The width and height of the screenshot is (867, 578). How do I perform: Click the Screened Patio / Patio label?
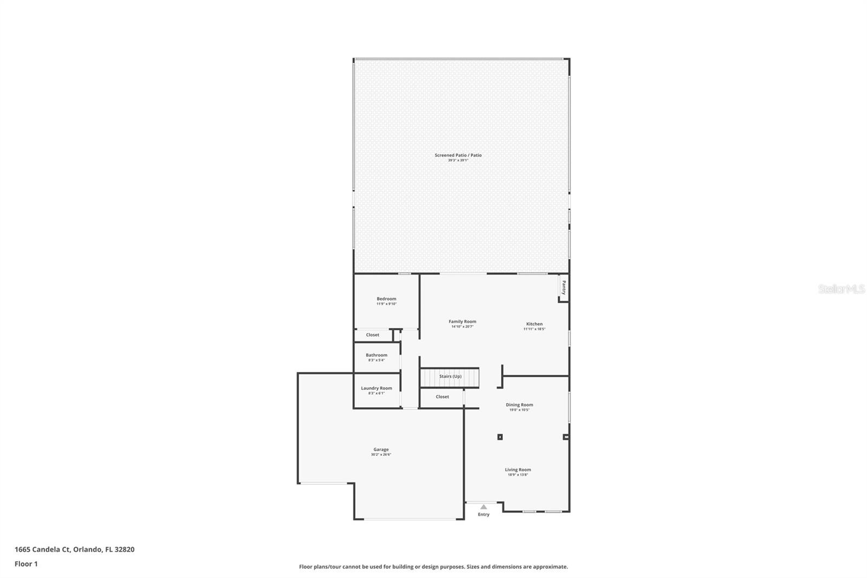tap(458, 155)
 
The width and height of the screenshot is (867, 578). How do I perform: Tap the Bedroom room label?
tap(386, 299)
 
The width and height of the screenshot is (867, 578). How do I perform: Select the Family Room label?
tap(462, 322)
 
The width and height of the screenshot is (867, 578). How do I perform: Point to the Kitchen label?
tap(534, 324)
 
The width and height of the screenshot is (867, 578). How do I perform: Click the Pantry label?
tap(564, 287)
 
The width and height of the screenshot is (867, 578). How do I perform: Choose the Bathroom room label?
tap(376, 355)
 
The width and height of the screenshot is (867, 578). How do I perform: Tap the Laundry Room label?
tap(376, 388)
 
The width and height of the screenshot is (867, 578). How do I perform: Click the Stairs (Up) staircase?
tap(450, 376)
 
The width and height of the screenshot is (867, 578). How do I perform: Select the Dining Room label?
tap(519, 405)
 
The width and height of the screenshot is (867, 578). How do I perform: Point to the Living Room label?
tap(517, 470)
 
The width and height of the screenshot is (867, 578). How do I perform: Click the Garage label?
tap(381, 449)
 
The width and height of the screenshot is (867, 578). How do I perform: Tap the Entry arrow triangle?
tap(483, 507)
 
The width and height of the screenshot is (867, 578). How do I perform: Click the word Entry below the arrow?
tap(483, 515)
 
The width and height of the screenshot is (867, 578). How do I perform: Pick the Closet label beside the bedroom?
tap(372, 335)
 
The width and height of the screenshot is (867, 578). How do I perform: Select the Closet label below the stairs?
tap(442, 397)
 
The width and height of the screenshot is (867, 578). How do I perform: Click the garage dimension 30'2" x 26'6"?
tap(381, 455)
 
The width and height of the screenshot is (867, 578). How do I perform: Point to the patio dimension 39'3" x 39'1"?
tap(458, 160)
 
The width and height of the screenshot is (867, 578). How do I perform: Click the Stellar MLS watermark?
tap(841, 290)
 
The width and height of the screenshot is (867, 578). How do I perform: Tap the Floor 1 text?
tap(26, 564)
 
